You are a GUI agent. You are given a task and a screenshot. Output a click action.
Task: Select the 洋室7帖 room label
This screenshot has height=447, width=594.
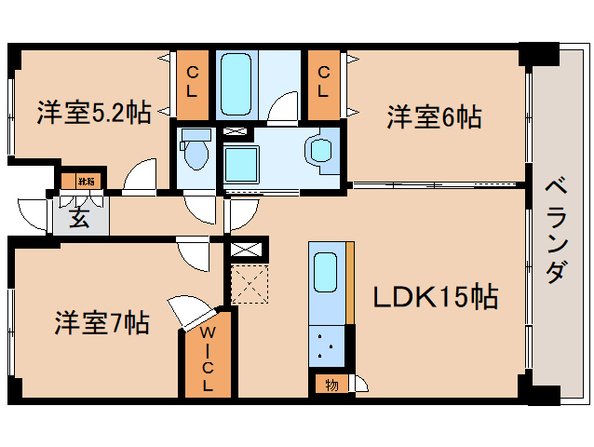point(100,324)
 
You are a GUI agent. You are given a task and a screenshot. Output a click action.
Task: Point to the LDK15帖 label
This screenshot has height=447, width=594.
point(436,297)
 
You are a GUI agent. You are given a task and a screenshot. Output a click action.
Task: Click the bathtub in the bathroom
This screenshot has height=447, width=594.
point(240,83)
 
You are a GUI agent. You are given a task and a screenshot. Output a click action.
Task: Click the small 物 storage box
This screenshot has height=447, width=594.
point(332,383)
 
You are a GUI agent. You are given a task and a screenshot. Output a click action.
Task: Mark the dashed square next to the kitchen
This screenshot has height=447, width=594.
point(249,284)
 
